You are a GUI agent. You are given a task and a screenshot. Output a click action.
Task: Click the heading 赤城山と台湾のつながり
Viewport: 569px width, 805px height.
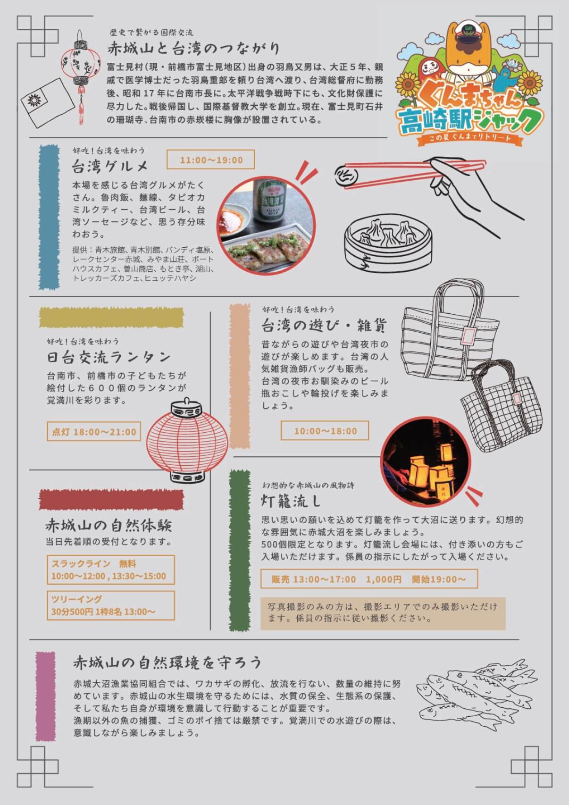click(193, 48)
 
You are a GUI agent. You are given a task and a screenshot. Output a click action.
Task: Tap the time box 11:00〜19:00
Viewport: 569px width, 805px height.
click(210, 159)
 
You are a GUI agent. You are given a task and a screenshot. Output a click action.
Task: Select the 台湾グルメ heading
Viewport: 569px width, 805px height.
click(110, 167)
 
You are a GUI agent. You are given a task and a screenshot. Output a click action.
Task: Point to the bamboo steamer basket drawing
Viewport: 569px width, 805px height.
click(387, 243)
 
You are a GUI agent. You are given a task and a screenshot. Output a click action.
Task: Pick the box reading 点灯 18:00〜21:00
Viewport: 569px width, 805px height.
click(94, 431)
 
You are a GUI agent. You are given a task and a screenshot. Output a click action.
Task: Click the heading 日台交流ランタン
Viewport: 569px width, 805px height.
click(109, 357)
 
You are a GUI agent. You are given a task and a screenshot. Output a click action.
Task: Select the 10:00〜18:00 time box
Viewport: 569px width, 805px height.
click(325, 430)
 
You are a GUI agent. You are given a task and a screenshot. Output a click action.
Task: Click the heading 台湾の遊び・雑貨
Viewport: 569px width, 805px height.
click(324, 326)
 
